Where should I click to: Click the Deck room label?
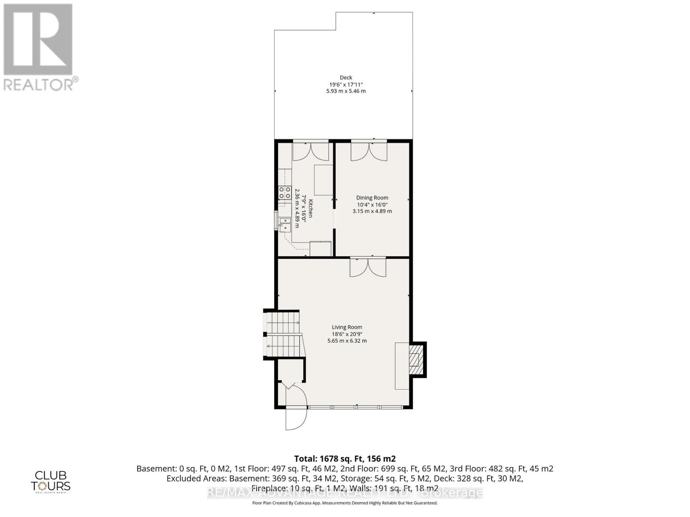point(346,78)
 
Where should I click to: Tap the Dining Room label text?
point(372,198)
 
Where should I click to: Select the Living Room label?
point(347,327)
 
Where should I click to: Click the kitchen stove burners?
point(284,192)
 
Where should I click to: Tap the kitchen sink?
point(285,225)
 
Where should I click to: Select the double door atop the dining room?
point(369,151)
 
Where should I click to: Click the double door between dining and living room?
point(367,267)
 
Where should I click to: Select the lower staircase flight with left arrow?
point(284,346)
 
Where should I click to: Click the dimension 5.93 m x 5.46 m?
point(346,91)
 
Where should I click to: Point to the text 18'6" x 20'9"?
point(347,334)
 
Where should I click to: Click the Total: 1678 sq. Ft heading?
point(345,458)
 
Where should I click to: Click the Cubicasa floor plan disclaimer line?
point(345,503)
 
